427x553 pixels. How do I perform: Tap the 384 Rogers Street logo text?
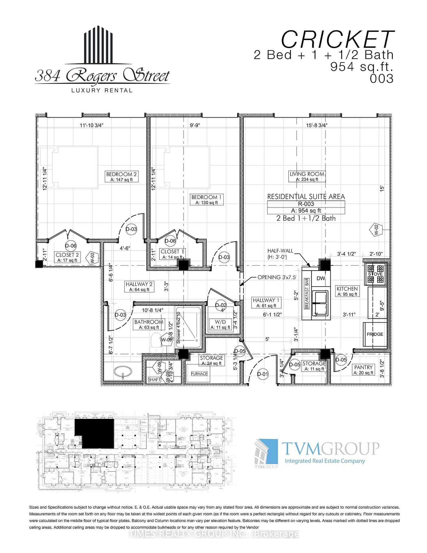coord(102,75)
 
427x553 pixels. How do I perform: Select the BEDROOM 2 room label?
coord(121,174)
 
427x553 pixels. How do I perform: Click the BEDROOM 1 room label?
coord(206,197)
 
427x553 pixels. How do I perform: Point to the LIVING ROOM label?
coord(307,174)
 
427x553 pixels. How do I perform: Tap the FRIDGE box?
coord(375,334)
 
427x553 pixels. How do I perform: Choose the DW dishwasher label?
coord(321,278)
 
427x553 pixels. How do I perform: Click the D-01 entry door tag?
coord(262,374)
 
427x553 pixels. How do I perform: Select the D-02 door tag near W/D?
coord(221,305)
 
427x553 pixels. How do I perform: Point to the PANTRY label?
coord(363,367)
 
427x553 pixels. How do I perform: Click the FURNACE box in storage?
coord(199,374)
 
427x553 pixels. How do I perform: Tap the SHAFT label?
coord(154,380)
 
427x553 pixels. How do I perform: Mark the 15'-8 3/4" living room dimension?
coord(316,125)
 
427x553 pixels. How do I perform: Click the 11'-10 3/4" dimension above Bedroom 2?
coord(91,125)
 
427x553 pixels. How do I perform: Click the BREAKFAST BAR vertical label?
coord(307,293)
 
